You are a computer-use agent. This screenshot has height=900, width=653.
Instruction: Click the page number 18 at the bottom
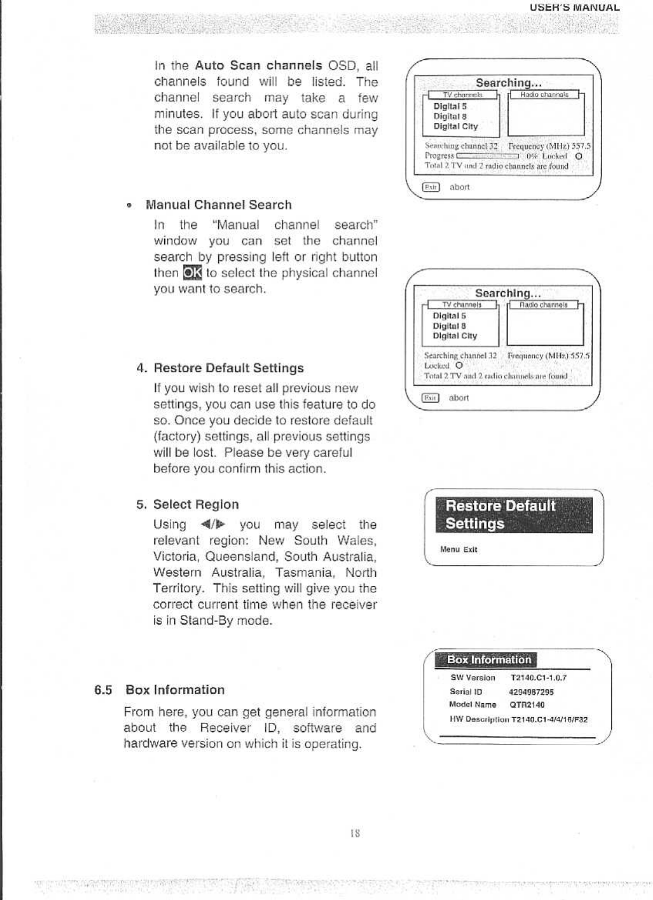click(355, 833)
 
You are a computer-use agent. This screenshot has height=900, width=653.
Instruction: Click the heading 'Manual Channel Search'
click(219, 205)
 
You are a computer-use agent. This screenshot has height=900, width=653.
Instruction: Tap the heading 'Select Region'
click(196, 505)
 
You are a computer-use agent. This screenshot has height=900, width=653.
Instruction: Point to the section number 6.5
click(103, 690)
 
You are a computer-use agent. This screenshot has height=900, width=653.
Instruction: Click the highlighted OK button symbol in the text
click(192, 273)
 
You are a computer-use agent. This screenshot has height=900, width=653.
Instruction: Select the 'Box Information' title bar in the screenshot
click(489, 660)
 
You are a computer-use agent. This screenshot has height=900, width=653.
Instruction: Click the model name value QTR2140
click(527, 705)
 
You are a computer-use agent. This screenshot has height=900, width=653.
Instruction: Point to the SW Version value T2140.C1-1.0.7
click(539, 678)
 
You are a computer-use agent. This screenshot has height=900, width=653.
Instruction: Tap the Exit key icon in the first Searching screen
click(431, 187)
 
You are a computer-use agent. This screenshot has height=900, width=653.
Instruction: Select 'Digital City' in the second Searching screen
click(455, 336)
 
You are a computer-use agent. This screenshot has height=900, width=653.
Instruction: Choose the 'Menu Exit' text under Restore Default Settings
click(458, 549)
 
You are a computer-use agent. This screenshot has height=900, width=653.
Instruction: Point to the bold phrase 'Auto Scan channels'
click(258, 66)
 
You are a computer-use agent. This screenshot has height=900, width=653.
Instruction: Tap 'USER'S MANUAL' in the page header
click(574, 7)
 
